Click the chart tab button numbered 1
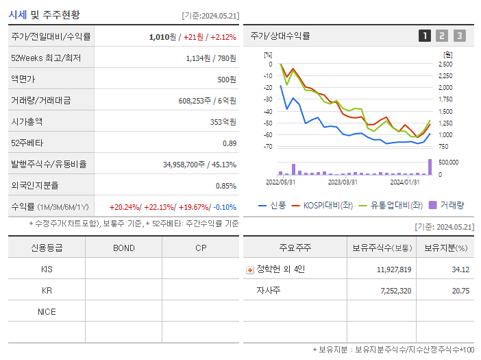(x=425, y=36)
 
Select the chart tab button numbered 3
(x=459, y=36)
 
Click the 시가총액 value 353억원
(x=223, y=121)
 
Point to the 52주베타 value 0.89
(x=229, y=143)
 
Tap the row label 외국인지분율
(x=34, y=185)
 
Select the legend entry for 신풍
(x=273, y=205)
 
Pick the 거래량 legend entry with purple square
(x=447, y=205)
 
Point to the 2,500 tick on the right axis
(x=445, y=64)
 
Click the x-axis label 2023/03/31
(x=343, y=182)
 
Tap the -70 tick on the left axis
(x=268, y=147)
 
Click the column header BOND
(x=123, y=248)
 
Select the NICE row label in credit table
(x=47, y=312)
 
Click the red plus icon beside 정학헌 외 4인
(x=249, y=270)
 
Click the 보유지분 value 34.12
(x=460, y=269)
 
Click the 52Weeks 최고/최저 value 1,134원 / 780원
(x=211, y=58)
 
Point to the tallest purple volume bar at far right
(x=430, y=167)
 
